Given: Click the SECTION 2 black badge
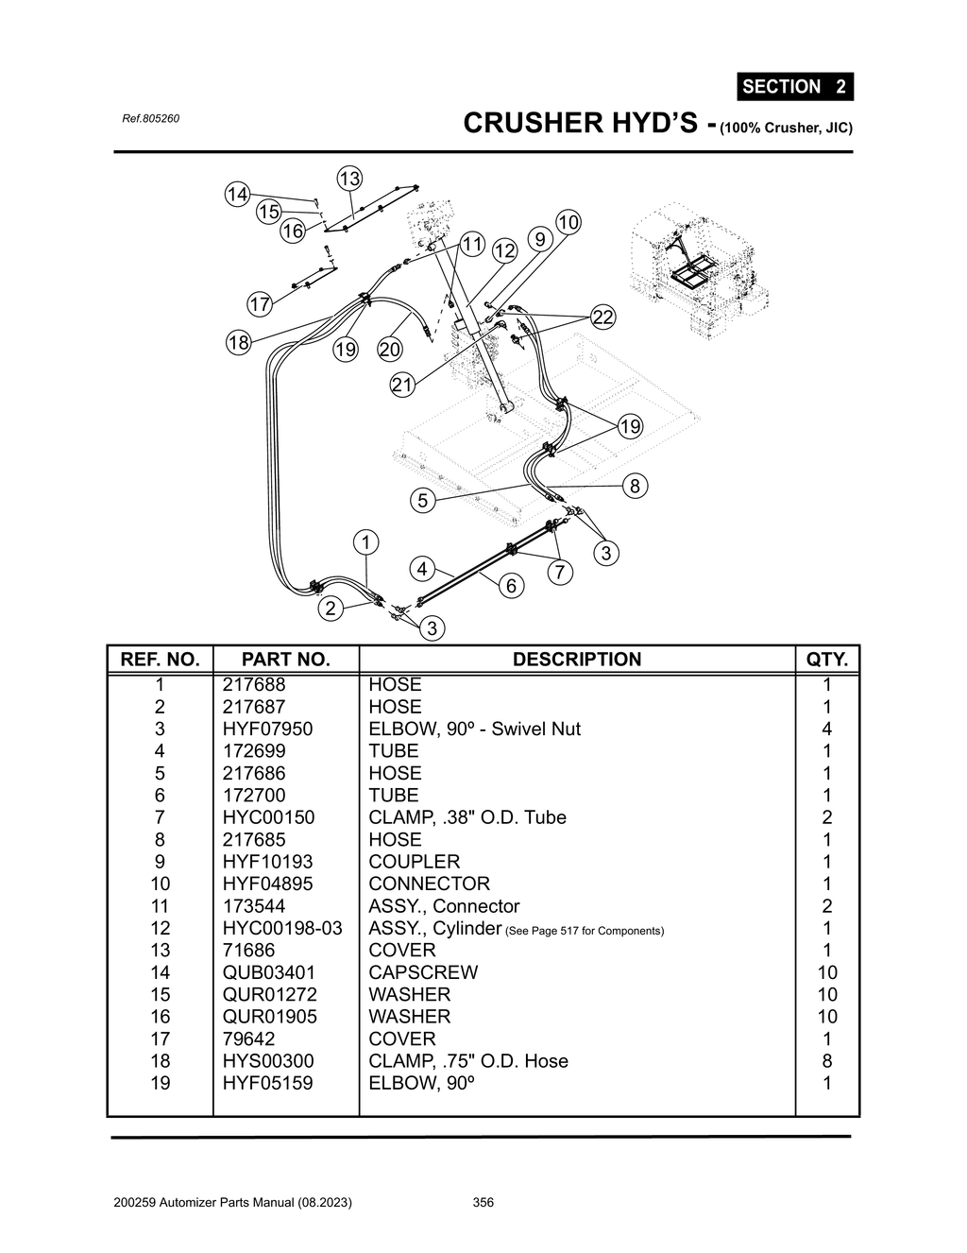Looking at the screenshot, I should pos(794,87).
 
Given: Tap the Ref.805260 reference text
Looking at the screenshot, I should pos(150,119).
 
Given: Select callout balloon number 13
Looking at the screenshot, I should pos(349,179).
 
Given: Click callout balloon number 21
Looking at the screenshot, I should pos(402,385).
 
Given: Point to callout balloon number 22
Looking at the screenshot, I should pos(602,317).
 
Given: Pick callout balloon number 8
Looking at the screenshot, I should pos(635,486).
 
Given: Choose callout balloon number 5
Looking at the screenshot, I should pos(423,500).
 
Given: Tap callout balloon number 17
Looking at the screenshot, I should pos(260,304).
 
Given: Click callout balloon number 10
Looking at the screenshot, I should pos(568,222).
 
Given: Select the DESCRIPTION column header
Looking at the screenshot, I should pos(576,660).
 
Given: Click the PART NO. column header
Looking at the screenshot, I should pos(285,660).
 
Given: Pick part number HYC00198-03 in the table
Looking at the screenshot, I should pos(282,928).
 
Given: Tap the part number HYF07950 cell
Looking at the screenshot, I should pos(267,729).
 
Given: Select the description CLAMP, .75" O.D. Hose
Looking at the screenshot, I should pos(468,1061).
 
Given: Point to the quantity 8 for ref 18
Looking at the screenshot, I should pos(827,1061).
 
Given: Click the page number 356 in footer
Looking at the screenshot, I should pos(483,1203).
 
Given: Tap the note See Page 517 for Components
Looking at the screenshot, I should pos(585,931).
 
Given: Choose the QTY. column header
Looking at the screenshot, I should pos(827,660).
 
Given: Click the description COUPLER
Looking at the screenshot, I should pos(414,862).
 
